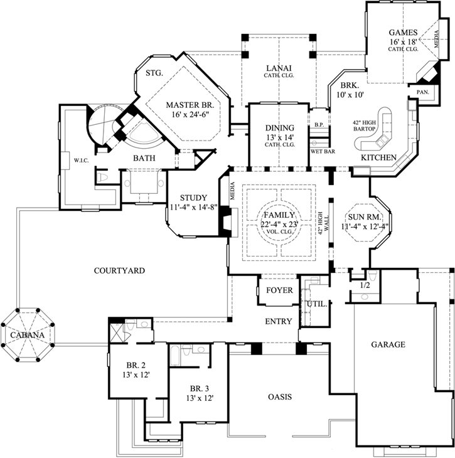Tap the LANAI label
(276, 68)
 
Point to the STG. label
(154, 73)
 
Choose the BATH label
(144, 159)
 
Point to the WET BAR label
(321, 151)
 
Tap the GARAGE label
(387, 344)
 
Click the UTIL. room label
(316, 304)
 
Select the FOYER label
(278, 290)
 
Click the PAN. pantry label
(422, 92)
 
